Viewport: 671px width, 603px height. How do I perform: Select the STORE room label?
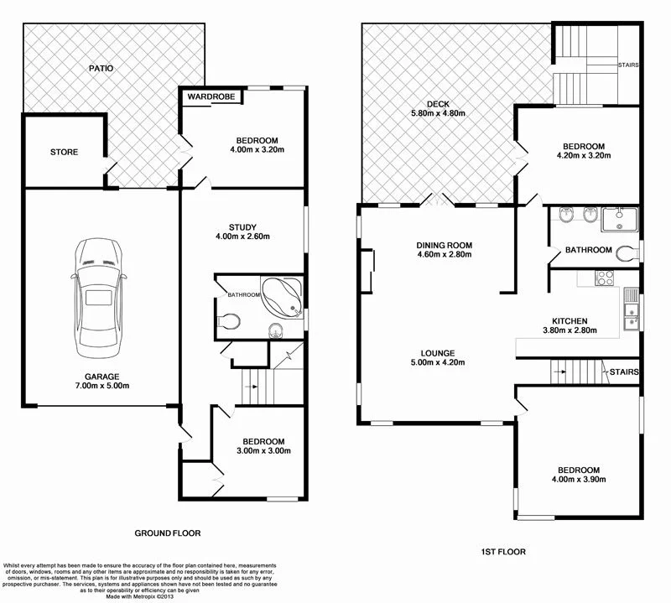coord(64,152)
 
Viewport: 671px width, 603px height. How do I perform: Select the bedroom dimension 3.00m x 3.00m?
coord(263,450)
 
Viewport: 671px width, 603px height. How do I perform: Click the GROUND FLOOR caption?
coord(167,533)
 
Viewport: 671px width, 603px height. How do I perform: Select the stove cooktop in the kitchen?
coord(604,278)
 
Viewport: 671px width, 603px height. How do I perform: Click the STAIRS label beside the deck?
coord(629,65)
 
